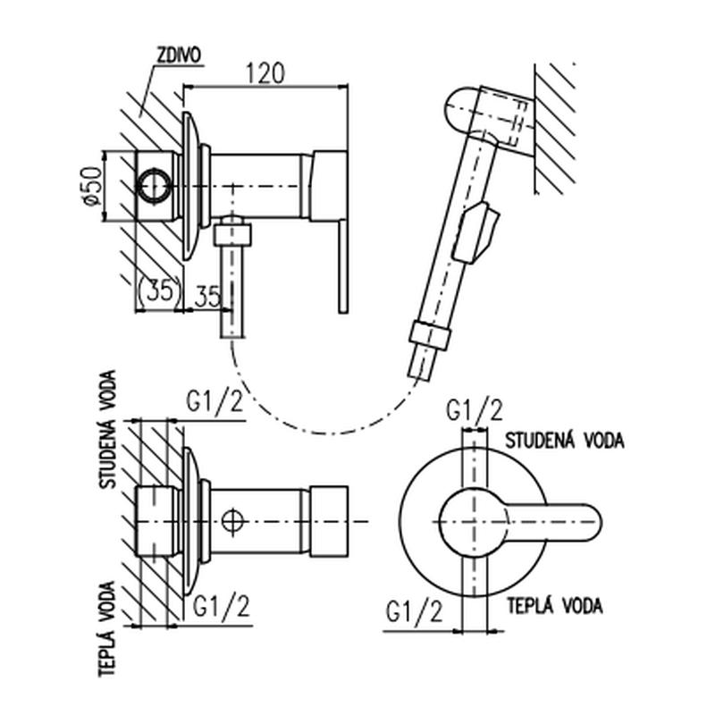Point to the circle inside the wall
tap(153, 185)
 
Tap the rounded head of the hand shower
tap(465, 112)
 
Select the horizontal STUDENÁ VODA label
tap(564, 440)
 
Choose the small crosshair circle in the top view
tap(233, 519)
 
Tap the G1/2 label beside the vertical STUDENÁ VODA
tap(214, 401)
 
